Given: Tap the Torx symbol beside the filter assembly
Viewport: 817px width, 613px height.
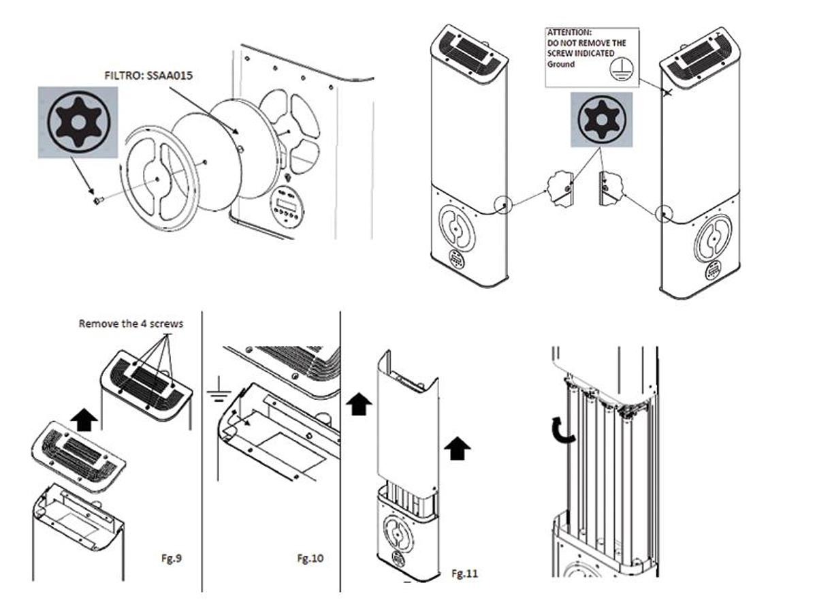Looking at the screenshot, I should point(78,123).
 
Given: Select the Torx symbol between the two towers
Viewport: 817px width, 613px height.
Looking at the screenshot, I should point(600,120).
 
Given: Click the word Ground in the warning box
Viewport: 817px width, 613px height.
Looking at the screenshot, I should point(561,64).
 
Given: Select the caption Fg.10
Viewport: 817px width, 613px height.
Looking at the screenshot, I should point(310,559).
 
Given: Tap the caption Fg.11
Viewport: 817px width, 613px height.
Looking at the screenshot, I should point(465,573).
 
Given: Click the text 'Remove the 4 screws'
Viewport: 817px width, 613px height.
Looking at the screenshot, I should point(131,324).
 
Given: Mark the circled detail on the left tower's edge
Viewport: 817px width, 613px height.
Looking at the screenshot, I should point(503,204).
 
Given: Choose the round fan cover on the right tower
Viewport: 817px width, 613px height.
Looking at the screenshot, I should point(712,239).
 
